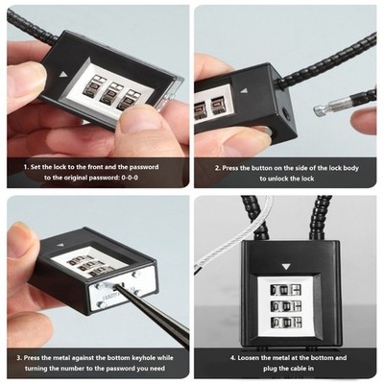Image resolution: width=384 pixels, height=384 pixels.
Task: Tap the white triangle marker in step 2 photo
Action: pyautogui.click(x=245, y=91)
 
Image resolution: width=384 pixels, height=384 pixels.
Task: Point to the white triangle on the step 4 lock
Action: pyautogui.click(x=286, y=267)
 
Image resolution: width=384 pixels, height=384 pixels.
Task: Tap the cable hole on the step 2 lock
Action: pyautogui.click(x=286, y=113)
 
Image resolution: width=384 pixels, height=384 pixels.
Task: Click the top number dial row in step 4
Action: pyautogui.click(x=285, y=290)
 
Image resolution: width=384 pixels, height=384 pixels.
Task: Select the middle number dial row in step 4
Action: pyautogui.click(x=285, y=306)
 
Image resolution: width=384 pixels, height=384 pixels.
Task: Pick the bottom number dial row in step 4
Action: pyautogui.click(x=285, y=323)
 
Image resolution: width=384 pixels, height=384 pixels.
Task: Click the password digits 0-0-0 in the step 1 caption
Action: pyautogui.click(x=130, y=178)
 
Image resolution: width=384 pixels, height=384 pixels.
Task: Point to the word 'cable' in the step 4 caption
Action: pyautogui.click(x=298, y=369)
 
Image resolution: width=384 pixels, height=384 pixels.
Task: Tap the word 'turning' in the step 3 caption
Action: pyautogui.click(x=36, y=369)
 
